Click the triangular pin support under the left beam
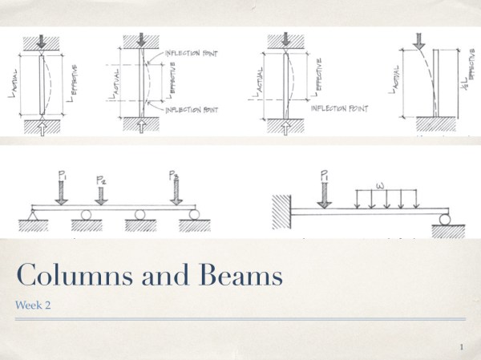[33, 216]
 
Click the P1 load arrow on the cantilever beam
[324, 191]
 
